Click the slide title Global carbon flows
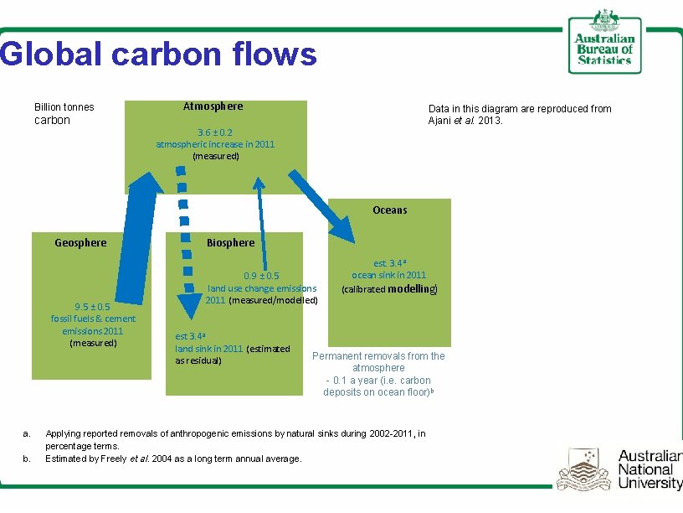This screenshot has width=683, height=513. (159, 54)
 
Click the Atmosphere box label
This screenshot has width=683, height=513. (213, 106)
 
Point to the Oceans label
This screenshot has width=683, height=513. (389, 210)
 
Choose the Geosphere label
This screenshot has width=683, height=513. (80, 243)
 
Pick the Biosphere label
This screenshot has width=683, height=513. (230, 243)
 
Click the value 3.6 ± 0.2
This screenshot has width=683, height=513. (214, 132)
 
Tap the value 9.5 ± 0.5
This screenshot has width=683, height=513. (93, 306)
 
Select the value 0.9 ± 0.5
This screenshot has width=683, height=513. (261, 276)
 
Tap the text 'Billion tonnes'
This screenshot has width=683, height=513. (64, 107)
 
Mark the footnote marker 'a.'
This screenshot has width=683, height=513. (27, 433)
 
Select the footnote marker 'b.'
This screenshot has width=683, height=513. (27, 459)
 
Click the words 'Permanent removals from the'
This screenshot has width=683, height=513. (378, 356)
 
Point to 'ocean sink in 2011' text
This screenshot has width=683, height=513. (388, 275)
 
